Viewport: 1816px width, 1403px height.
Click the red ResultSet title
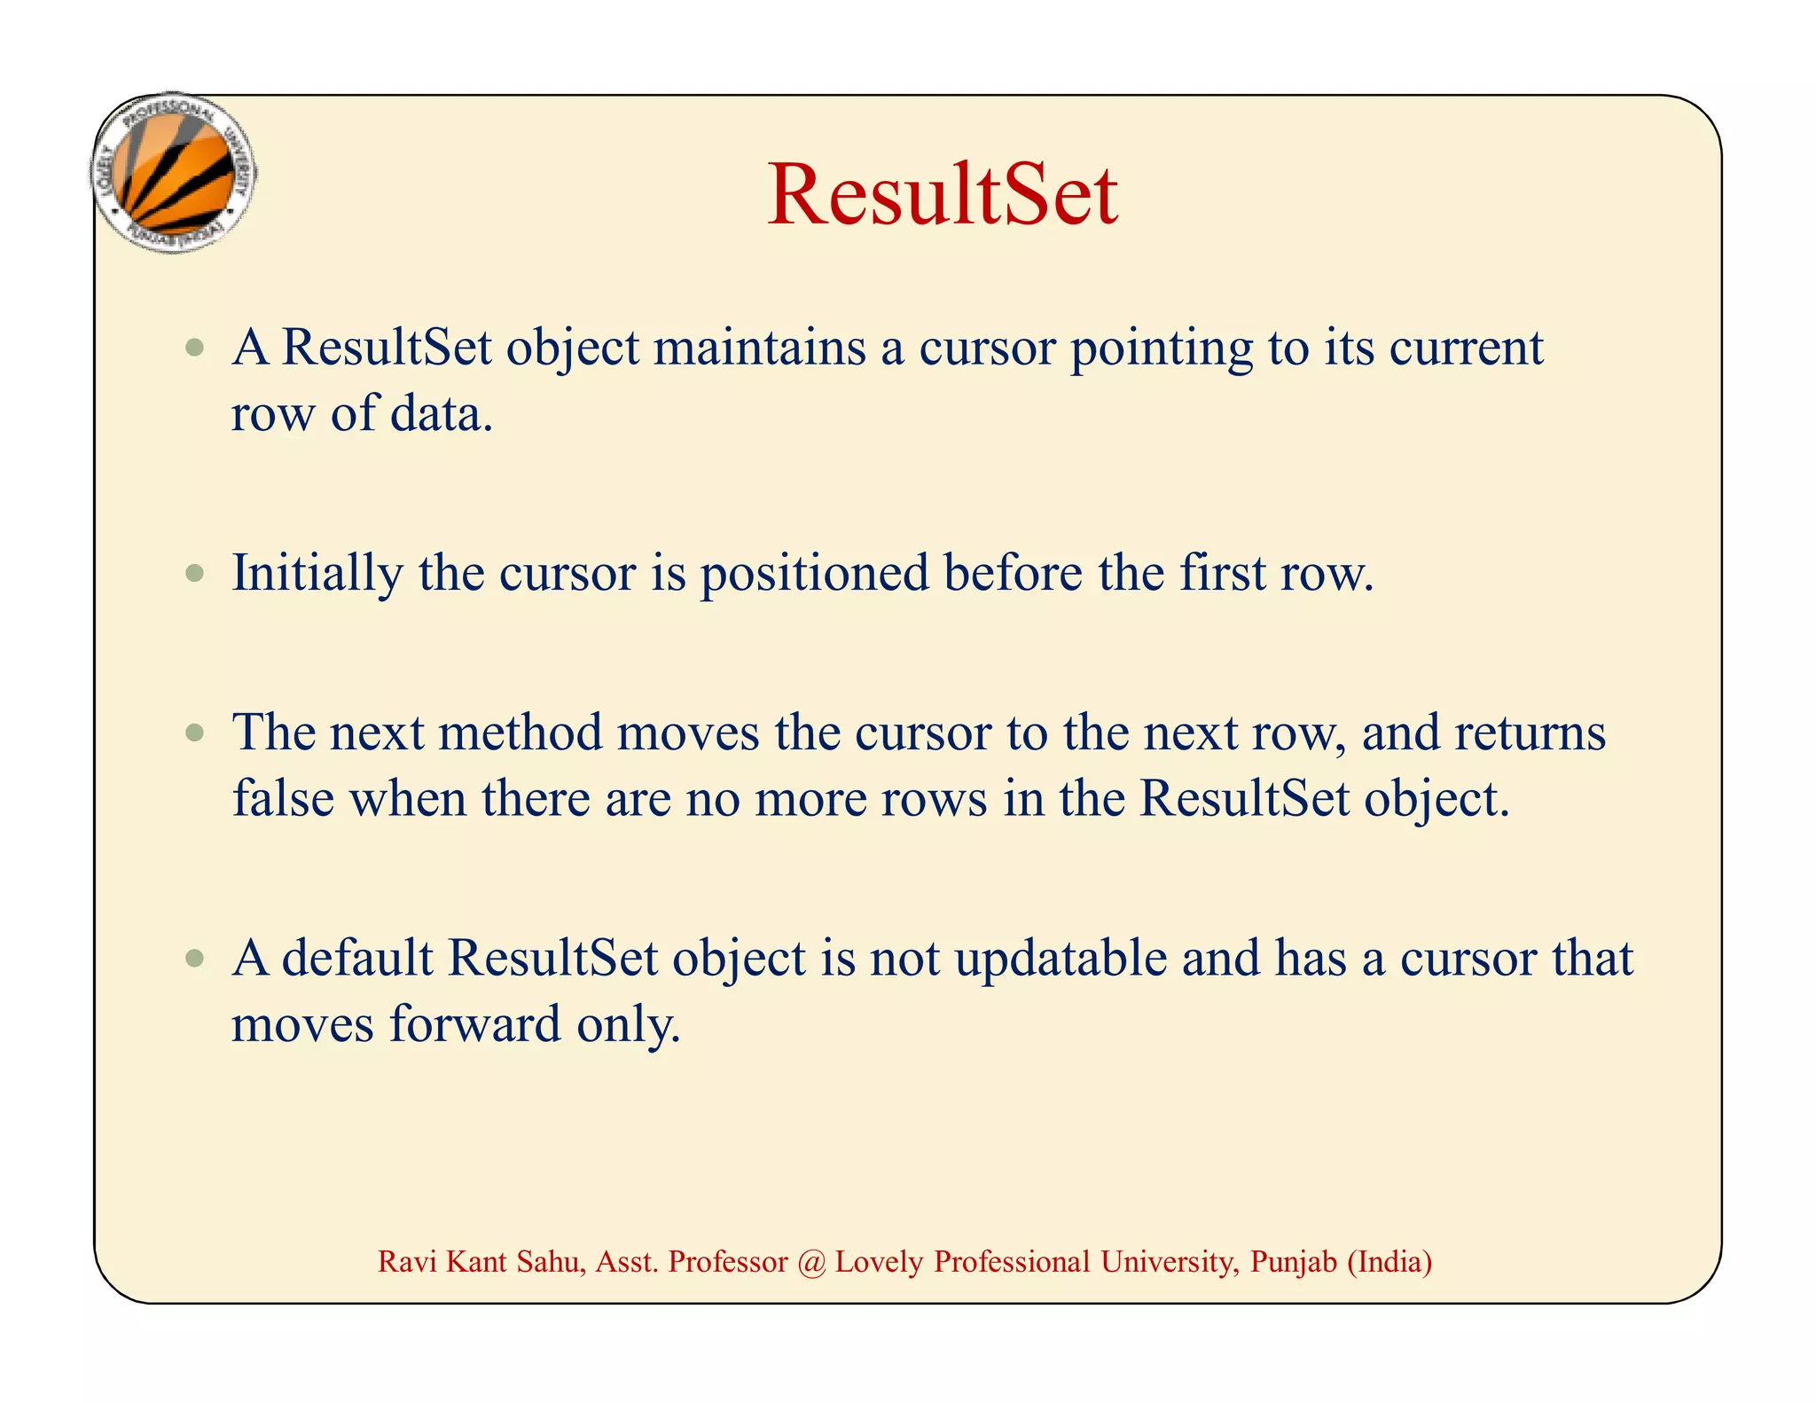(x=942, y=195)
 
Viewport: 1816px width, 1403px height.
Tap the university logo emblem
(x=174, y=174)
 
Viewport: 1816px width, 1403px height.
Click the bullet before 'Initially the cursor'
(x=195, y=574)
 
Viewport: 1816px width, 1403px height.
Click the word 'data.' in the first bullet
(x=442, y=414)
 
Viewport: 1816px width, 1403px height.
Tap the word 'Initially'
(x=317, y=574)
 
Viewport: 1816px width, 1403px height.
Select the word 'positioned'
(x=814, y=574)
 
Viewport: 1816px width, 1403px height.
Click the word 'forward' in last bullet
(x=474, y=1023)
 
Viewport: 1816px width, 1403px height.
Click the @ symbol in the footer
(x=810, y=1261)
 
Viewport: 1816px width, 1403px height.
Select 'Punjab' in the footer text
(x=1293, y=1261)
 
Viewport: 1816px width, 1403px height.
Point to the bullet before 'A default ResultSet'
(x=195, y=959)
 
